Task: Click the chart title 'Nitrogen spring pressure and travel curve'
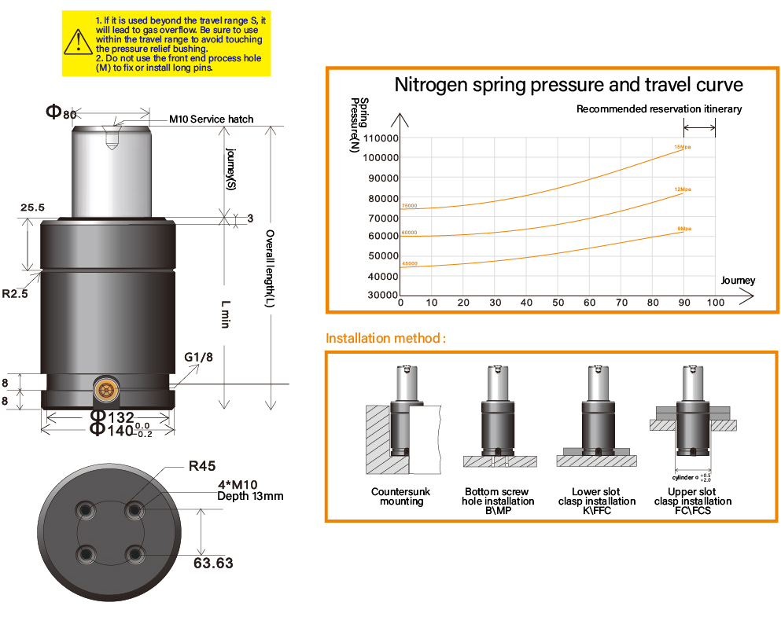click(x=568, y=84)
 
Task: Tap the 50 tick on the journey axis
click(x=558, y=303)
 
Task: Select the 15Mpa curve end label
click(x=681, y=147)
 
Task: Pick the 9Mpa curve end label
click(x=683, y=228)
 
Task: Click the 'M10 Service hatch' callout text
click(x=212, y=119)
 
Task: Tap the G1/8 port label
click(x=199, y=358)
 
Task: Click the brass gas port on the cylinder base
click(x=105, y=387)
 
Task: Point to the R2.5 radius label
click(x=15, y=295)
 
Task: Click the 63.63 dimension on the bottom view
click(x=213, y=563)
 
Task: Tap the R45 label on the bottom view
click(x=202, y=465)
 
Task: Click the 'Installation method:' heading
click(x=386, y=339)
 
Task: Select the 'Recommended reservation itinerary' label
click(x=658, y=109)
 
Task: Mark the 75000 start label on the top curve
click(x=409, y=207)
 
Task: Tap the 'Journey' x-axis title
click(x=737, y=281)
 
